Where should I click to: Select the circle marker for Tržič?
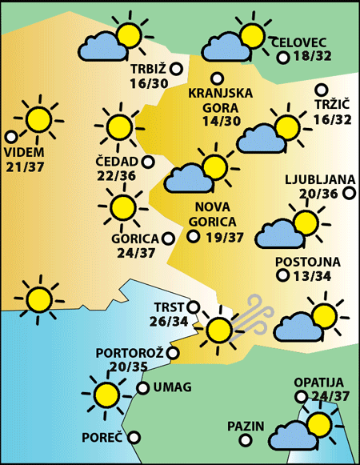(322, 90)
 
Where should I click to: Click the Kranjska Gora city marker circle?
(217, 78)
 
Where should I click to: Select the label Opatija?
(318, 383)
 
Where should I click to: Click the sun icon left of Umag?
(105, 392)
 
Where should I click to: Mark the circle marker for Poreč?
(134, 437)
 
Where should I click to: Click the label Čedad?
(116, 162)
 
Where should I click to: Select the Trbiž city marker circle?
(176, 70)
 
